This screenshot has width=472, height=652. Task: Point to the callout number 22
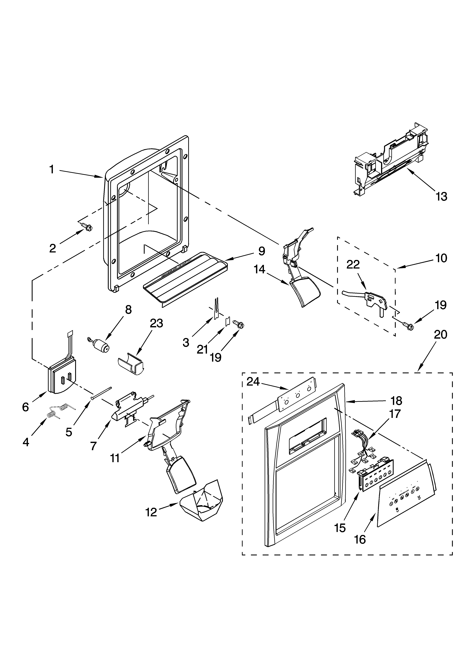point(353,264)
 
